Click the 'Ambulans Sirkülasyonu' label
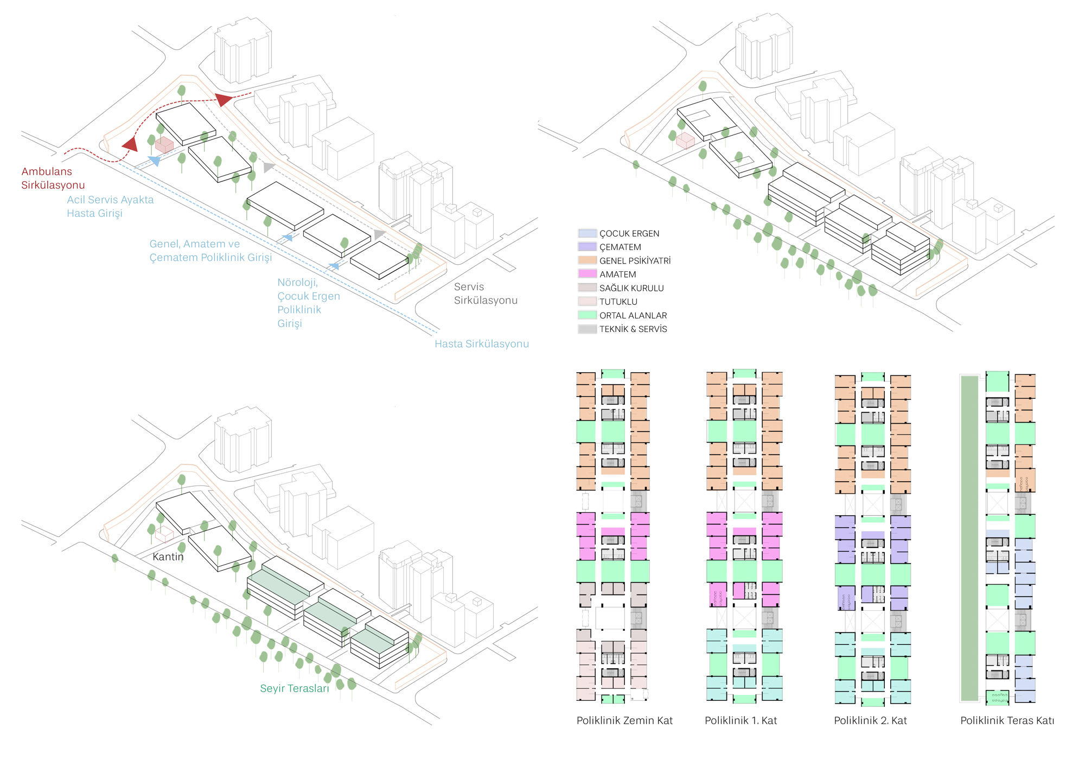pos(53,178)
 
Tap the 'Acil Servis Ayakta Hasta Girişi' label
pos(110,206)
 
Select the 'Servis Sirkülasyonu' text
pos(486,293)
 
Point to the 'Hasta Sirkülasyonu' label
pos(482,343)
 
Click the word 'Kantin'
pos(168,557)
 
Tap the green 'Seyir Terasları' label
pos(295,688)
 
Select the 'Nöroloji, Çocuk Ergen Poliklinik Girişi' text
pos(309,303)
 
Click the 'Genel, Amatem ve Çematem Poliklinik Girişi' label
pos(210,251)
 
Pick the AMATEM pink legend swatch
pos(588,274)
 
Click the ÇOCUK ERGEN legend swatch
pos(588,233)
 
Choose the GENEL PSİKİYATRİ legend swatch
pos(588,260)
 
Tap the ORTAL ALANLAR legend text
pos(633,315)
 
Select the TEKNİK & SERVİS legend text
pos(633,329)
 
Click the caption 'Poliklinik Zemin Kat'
pos(624,720)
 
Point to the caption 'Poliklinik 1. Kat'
pos(741,720)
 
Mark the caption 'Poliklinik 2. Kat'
pos(870,720)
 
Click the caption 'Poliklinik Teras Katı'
pos(1007,720)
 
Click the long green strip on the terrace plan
pos(969,538)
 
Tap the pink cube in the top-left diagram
pos(164,145)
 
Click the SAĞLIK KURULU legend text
pos(631,288)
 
